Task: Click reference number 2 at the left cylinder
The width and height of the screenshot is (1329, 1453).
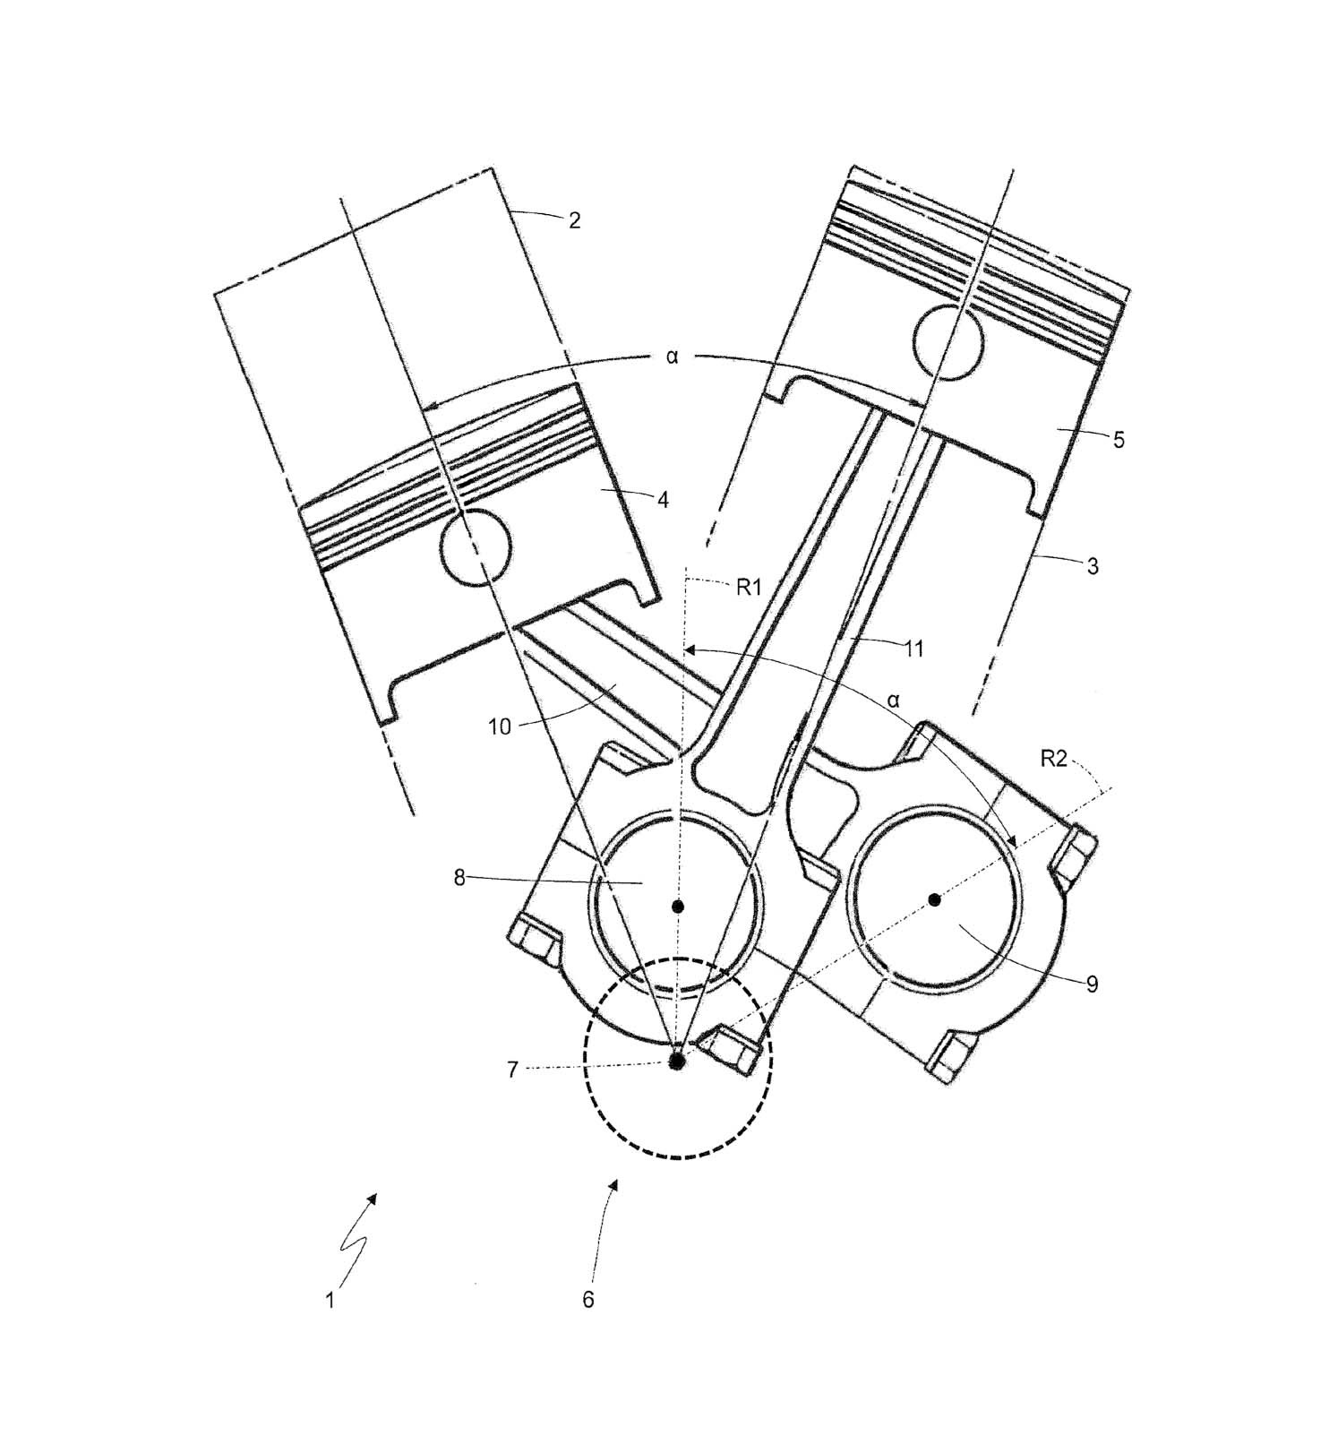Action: click(x=574, y=219)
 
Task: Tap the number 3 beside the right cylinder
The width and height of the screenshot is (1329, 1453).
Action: click(x=1092, y=567)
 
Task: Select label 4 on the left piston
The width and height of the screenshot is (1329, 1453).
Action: click(x=663, y=500)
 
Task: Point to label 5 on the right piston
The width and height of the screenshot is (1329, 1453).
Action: click(x=1118, y=440)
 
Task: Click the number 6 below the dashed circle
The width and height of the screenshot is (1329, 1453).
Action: click(x=588, y=1300)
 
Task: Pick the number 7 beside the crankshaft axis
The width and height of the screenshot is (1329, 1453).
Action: click(x=513, y=1070)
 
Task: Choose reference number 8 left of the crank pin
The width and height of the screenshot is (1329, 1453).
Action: click(x=459, y=878)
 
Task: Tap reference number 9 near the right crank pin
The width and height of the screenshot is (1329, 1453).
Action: click(x=1092, y=984)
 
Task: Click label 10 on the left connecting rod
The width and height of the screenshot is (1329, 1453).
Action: click(x=500, y=726)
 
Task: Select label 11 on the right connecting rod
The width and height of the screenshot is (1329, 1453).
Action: click(x=913, y=649)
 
